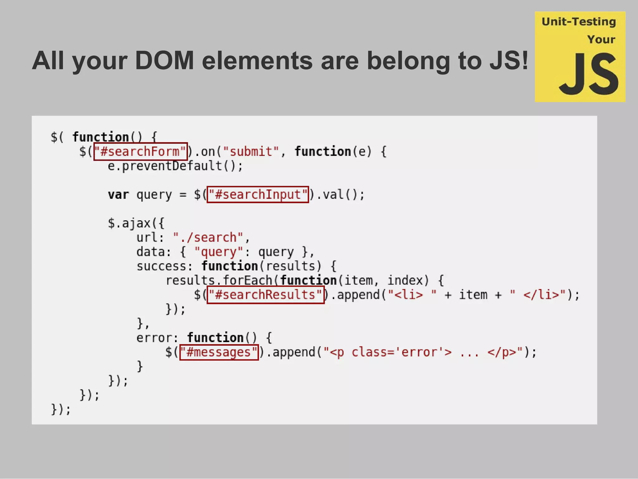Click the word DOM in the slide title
164,60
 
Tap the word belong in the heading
408,60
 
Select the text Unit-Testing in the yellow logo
579,22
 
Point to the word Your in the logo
601,40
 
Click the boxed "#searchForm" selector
140,152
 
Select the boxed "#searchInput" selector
258,195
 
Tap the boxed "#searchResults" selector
265,295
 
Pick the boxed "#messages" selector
219,352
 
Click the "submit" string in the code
251,152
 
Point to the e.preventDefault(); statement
175,166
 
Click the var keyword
118,195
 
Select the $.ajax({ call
136,223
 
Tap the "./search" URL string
208,237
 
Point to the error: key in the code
157,338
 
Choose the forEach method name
248,280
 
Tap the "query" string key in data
218,252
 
